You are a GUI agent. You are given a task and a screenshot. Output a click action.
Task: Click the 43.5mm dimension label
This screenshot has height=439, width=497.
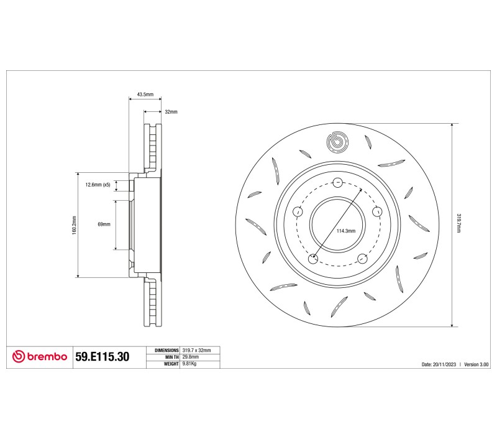[145, 95]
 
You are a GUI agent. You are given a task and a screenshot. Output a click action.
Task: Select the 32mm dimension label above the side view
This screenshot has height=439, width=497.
[171, 112]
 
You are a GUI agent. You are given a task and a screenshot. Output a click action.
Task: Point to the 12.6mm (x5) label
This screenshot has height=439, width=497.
[98, 185]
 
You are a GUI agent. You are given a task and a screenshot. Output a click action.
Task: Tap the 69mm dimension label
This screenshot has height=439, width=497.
[104, 224]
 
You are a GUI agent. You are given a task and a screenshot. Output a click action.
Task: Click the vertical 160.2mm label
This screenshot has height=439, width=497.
[74, 225]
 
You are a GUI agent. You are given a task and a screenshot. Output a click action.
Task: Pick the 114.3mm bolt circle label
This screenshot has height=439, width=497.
[346, 231]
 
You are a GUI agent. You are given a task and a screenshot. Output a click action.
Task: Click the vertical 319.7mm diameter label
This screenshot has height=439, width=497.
[458, 223]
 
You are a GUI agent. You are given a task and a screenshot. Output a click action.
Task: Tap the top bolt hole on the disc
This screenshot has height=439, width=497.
[338, 182]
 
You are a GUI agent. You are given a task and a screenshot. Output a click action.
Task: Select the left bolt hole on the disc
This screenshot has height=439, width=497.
[298, 211]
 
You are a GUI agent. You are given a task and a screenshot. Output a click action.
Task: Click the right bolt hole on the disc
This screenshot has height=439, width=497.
[377, 211]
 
